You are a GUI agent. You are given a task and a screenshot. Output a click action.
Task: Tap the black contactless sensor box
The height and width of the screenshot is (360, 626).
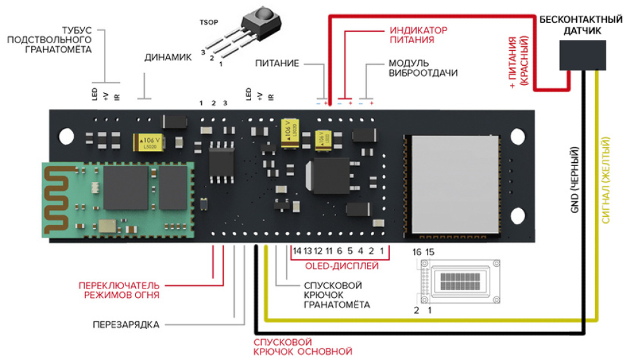(x=583, y=55)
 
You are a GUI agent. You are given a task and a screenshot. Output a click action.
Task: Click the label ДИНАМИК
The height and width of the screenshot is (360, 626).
(x=167, y=57)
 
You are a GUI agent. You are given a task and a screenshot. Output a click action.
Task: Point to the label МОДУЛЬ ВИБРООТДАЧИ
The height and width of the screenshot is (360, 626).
(x=422, y=68)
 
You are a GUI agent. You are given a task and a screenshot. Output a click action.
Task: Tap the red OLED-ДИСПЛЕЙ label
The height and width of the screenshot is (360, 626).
(x=342, y=266)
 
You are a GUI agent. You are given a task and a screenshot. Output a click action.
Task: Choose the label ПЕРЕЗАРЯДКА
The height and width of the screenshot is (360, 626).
(x=126, y=325)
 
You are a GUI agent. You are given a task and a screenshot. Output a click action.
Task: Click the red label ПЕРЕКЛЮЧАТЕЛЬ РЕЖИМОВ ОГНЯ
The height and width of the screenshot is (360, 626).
(x=119, y=290)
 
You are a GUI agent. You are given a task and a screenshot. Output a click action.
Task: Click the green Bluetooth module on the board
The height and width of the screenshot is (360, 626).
(x=116, y=200)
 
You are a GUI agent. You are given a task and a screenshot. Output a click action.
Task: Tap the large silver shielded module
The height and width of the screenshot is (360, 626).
(x=452, y=182)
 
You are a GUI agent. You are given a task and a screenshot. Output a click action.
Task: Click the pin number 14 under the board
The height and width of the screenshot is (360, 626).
(x=297, y=251)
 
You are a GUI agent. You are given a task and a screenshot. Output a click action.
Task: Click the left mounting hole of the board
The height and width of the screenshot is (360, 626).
(x=65, y=134)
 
